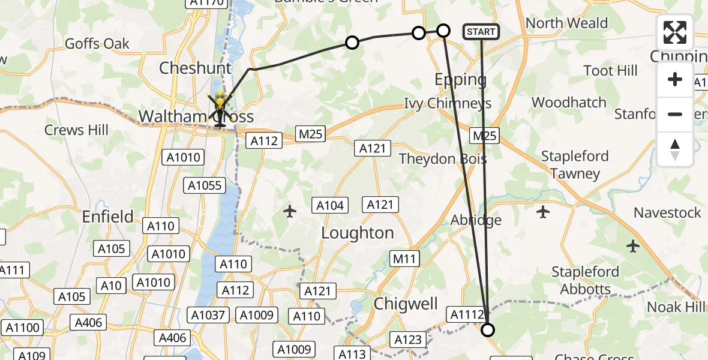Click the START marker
coord(481,32)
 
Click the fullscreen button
coord(675,32)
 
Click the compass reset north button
coord(675,149)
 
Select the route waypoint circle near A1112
coord(488,329)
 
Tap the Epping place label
coord(460,79)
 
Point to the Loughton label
coord(358,233)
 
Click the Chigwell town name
coord(406,304)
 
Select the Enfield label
coord(109,216)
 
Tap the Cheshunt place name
coord(195,68)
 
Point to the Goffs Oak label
coord(97,44)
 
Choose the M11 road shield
coord(404,259)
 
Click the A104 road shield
coord(330,206)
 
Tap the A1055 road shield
coord(205,185)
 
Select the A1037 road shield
coord(209,315)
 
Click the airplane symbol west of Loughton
coord(290,211)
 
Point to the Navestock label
coord(667,212)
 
